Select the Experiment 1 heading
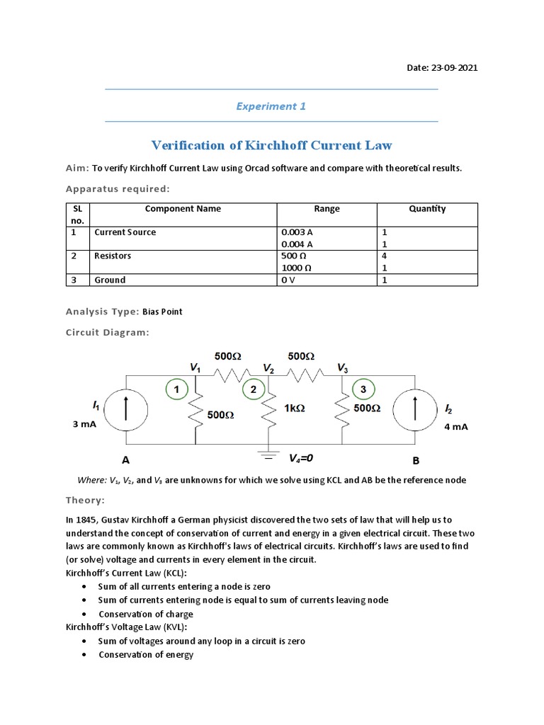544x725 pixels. tap(271, 106)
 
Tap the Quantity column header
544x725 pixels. tap(427, 209)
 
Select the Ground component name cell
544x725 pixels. tap(110, 280)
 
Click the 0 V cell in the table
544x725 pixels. tap(288, 280)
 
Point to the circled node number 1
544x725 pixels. tap(176, 388)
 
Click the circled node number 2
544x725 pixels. tap(253, 389)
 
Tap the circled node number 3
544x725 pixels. tap(363, 389)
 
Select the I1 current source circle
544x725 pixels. tap(128, 409)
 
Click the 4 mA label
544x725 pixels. tap(456, 428)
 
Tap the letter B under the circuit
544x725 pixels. tap(416, 460)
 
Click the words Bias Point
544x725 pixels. tap(162, 312)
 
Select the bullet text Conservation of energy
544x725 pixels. tap(146, 655)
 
